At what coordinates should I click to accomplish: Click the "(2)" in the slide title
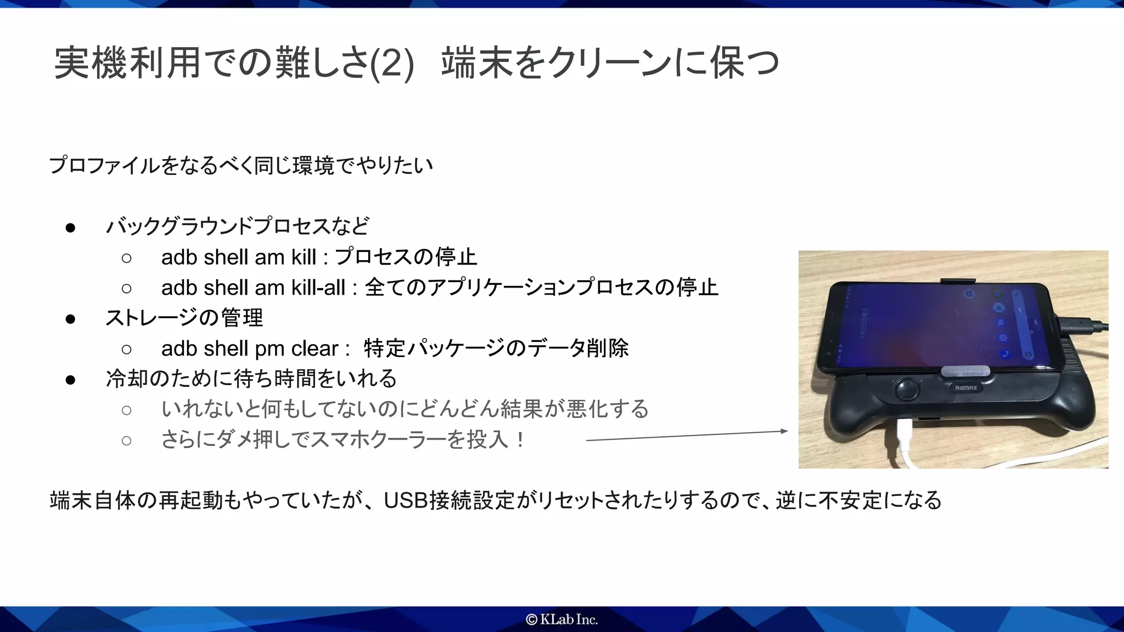pyautogui.click(x=392, y=64)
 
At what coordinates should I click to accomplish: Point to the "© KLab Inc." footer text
pyautogui.click(x=561, y=619)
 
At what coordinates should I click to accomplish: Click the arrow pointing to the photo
pyautogui.click(x=686, y=436)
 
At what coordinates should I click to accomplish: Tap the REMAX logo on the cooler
pyautogui.click(x=966, y=388)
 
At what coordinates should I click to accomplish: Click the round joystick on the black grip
pyautogui.click(x=907, y=389)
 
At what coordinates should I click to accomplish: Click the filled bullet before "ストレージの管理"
pyautogui.click(x=70, y=319)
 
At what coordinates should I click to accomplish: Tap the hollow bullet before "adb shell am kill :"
pyautogui.click(x=127, y=258)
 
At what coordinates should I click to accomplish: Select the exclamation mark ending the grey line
pyautogui.click(x=520, y=440)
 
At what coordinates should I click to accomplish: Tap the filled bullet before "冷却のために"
pyautogui.click(x=70, y=380)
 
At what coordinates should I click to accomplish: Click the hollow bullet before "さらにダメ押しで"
pyautogui.click(x=127, y=441)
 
